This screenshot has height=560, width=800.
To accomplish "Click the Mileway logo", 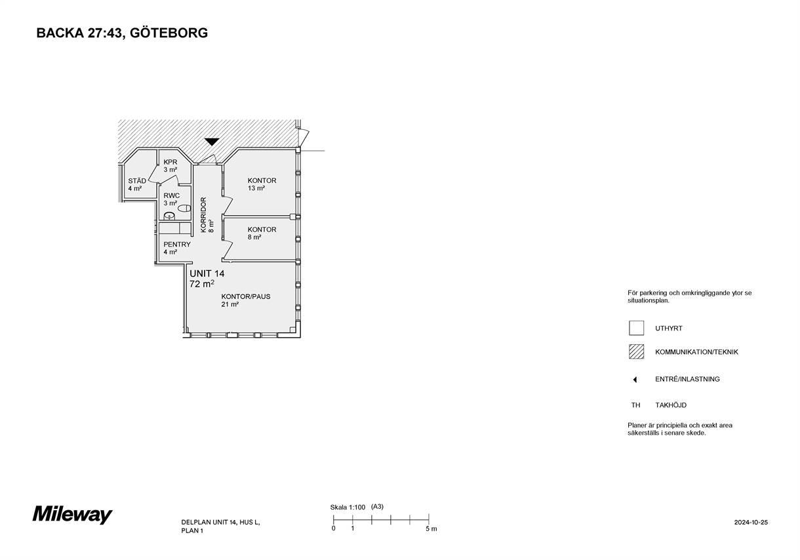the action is pyautogui.click(x=72, y=515).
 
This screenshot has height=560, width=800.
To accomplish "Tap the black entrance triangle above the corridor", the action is pyautogui.click(x=211, y=142).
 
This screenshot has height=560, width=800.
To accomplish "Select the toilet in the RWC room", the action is pyautogui.click(x=184, y=208).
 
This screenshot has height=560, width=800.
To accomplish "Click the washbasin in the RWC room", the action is pyautogui.click(x=169, y=216).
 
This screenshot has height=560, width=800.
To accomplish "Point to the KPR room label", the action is pyautogui.click(x=170, y=162).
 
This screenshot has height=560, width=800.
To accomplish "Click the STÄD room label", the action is pyautogui.click(x=137, y=181).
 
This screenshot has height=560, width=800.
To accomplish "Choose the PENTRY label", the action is pyautogui.click(x=177, y=245).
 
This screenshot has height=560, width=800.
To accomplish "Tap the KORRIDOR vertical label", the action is pyautogui.click(x=203, y=215).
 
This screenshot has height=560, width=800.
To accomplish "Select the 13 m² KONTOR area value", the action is pyautogui.click(x=256, y=188).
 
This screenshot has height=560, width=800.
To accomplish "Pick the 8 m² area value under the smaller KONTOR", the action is pyautogui.click(x=254, y=237).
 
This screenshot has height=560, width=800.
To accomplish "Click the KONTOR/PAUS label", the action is pyautogui.click(x=246, y=296).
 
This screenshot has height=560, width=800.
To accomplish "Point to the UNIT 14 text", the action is pyautogui.click(x=207, y=273).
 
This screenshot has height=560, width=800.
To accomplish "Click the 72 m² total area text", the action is pyautogui.click(x=202, y=284).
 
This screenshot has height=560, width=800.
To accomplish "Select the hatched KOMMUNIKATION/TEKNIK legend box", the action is pyautogui.click(x=637, y=351).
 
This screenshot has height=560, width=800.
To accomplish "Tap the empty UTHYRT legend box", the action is pyautogui.click(x=637, y=328).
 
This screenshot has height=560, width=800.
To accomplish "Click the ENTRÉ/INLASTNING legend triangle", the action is pyautogui.click(x=635, y=380).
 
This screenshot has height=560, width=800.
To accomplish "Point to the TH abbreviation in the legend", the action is pyautogui.click(x=635, y=405).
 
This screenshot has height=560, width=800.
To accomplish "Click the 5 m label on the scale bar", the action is pyautogui.click(x=431, y=529).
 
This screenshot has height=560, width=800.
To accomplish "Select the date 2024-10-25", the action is pyautogui.click(x=751, y=522).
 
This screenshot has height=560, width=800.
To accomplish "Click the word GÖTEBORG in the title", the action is pyautogui.click(x=169, y=33).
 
